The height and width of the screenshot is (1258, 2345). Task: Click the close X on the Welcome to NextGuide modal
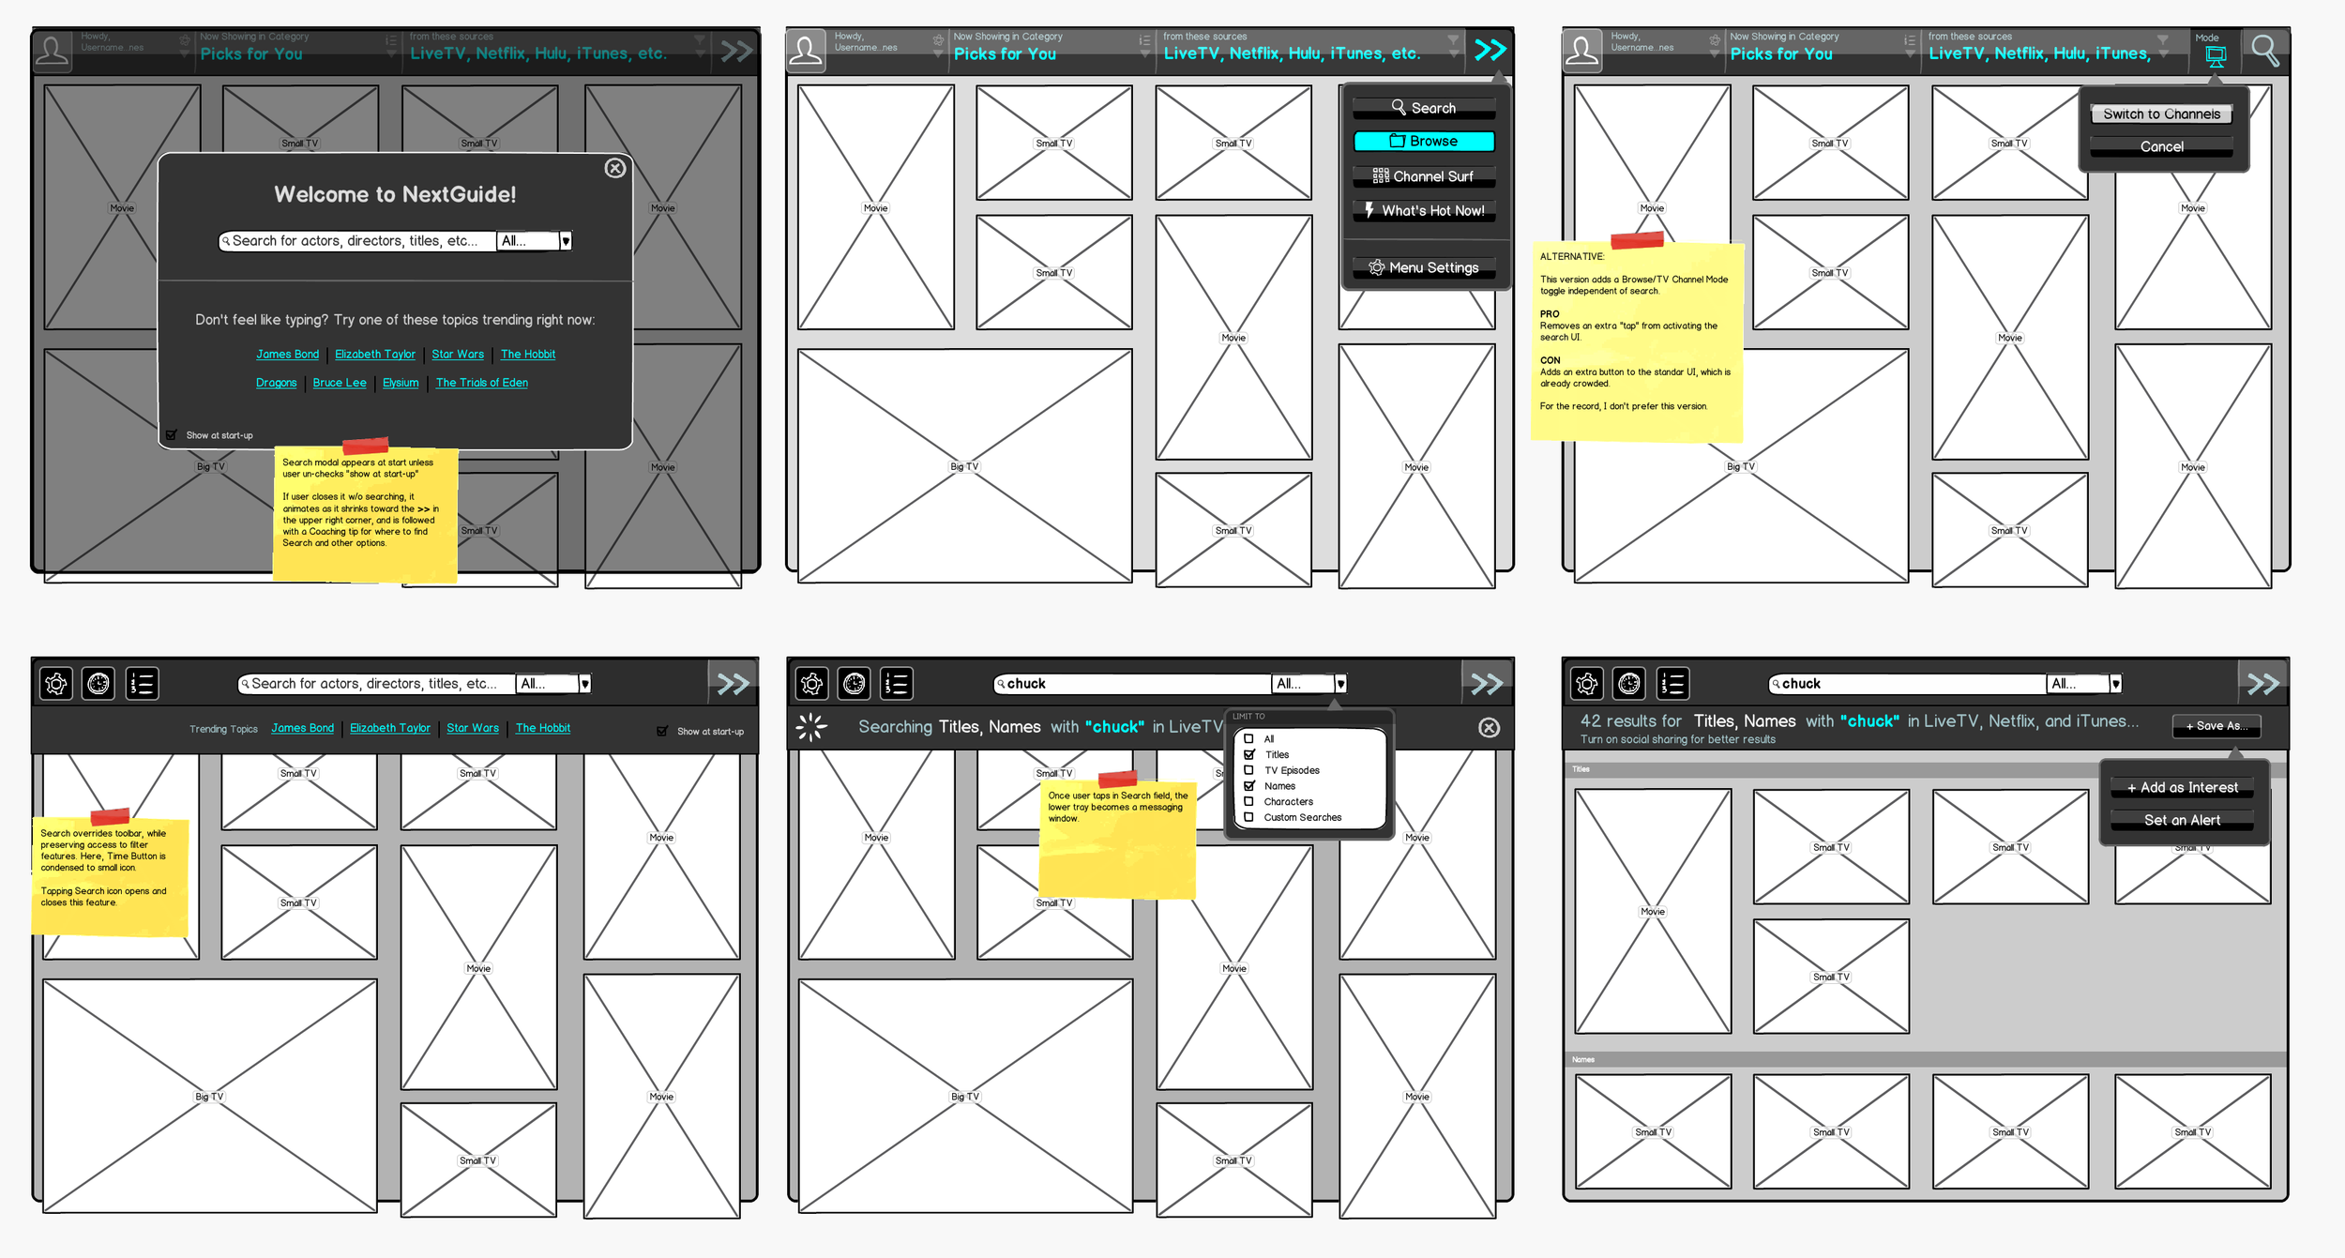pyautogui.click(x=615, y=168)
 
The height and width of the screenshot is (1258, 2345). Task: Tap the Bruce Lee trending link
pyautogui.click(x=340, y=383)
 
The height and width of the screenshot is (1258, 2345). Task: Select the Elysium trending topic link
pyautogui.click(x=401, y=383)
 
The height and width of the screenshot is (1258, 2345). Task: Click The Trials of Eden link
pyautogui.click(x=481, y=383)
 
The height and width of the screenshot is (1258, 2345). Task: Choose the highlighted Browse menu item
pyautogui.click(x=1424, y=142)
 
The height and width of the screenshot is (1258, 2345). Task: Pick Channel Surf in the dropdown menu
pyautogui.click(x=1424, y=176)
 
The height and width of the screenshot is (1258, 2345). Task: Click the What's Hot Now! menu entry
pyautogui.click(x=1424, y=211)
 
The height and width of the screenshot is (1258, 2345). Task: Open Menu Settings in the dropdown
pyautogui.click(x=1424, y=268)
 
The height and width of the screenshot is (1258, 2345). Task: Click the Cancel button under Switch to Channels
pyautogui.click(x=2161, y=147)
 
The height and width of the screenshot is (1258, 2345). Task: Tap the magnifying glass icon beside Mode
pyautogui.click(x=2264, y=51)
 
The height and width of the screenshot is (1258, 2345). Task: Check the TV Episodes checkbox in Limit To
pyautogui.click(x=1248, y=770)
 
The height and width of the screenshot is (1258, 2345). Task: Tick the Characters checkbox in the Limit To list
pyautogui.click(x=1248, y=802)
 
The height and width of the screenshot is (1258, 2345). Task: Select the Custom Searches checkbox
pyautogui.click(x=1248, y=817)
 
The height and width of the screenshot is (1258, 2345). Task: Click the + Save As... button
pyautogui.click(x=2216, y=726)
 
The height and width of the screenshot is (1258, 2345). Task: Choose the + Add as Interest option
pyautogui.click(x=2182, y=788)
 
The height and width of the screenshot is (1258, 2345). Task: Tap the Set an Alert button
pyautogui.click(x=2182, y=821)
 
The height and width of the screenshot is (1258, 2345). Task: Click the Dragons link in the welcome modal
pyautogui.click(x=276, y=383)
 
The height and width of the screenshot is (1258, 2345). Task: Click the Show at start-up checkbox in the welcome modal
pyautogui.click(x=172, y=435)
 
